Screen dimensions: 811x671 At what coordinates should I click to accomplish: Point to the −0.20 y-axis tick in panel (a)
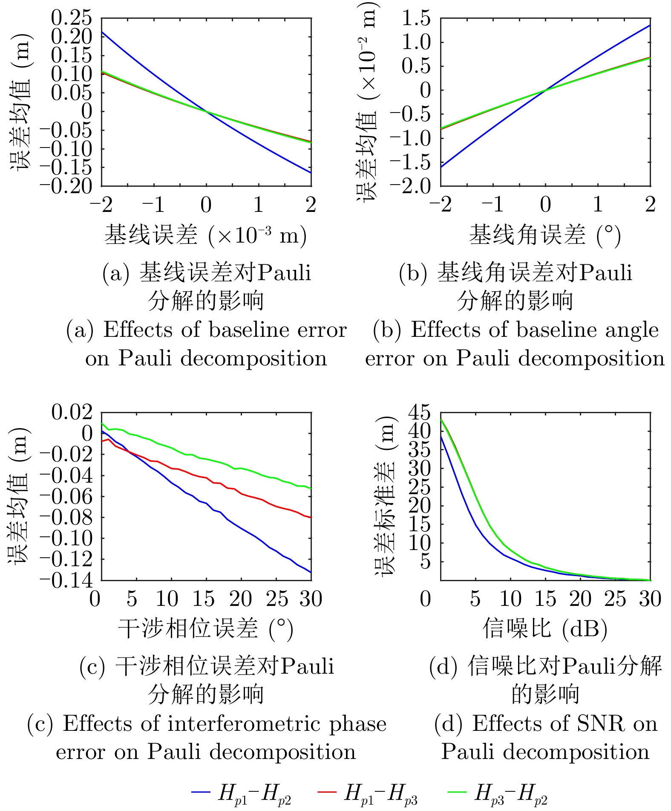tap(66, 186)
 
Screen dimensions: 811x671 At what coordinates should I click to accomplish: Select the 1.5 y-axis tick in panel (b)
tap(416, 18)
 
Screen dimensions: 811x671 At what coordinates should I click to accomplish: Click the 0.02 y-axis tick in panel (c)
tap(72, 412)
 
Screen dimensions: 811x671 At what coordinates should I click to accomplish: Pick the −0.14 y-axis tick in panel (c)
tap(66, 580)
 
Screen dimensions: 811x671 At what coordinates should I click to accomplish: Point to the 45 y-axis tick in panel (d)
tap(419, 412)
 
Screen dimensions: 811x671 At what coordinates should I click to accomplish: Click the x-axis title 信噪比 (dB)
tap(545, 629)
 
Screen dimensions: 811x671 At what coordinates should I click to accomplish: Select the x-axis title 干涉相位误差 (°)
tap(206, 629)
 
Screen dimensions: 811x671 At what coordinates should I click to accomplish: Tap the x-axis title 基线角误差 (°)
tap(545, 235)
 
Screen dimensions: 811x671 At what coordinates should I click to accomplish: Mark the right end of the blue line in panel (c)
tap(311, 572)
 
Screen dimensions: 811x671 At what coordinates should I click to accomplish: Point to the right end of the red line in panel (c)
tap(311, 517)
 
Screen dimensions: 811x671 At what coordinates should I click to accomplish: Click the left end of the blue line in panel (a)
tap(102, 32)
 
